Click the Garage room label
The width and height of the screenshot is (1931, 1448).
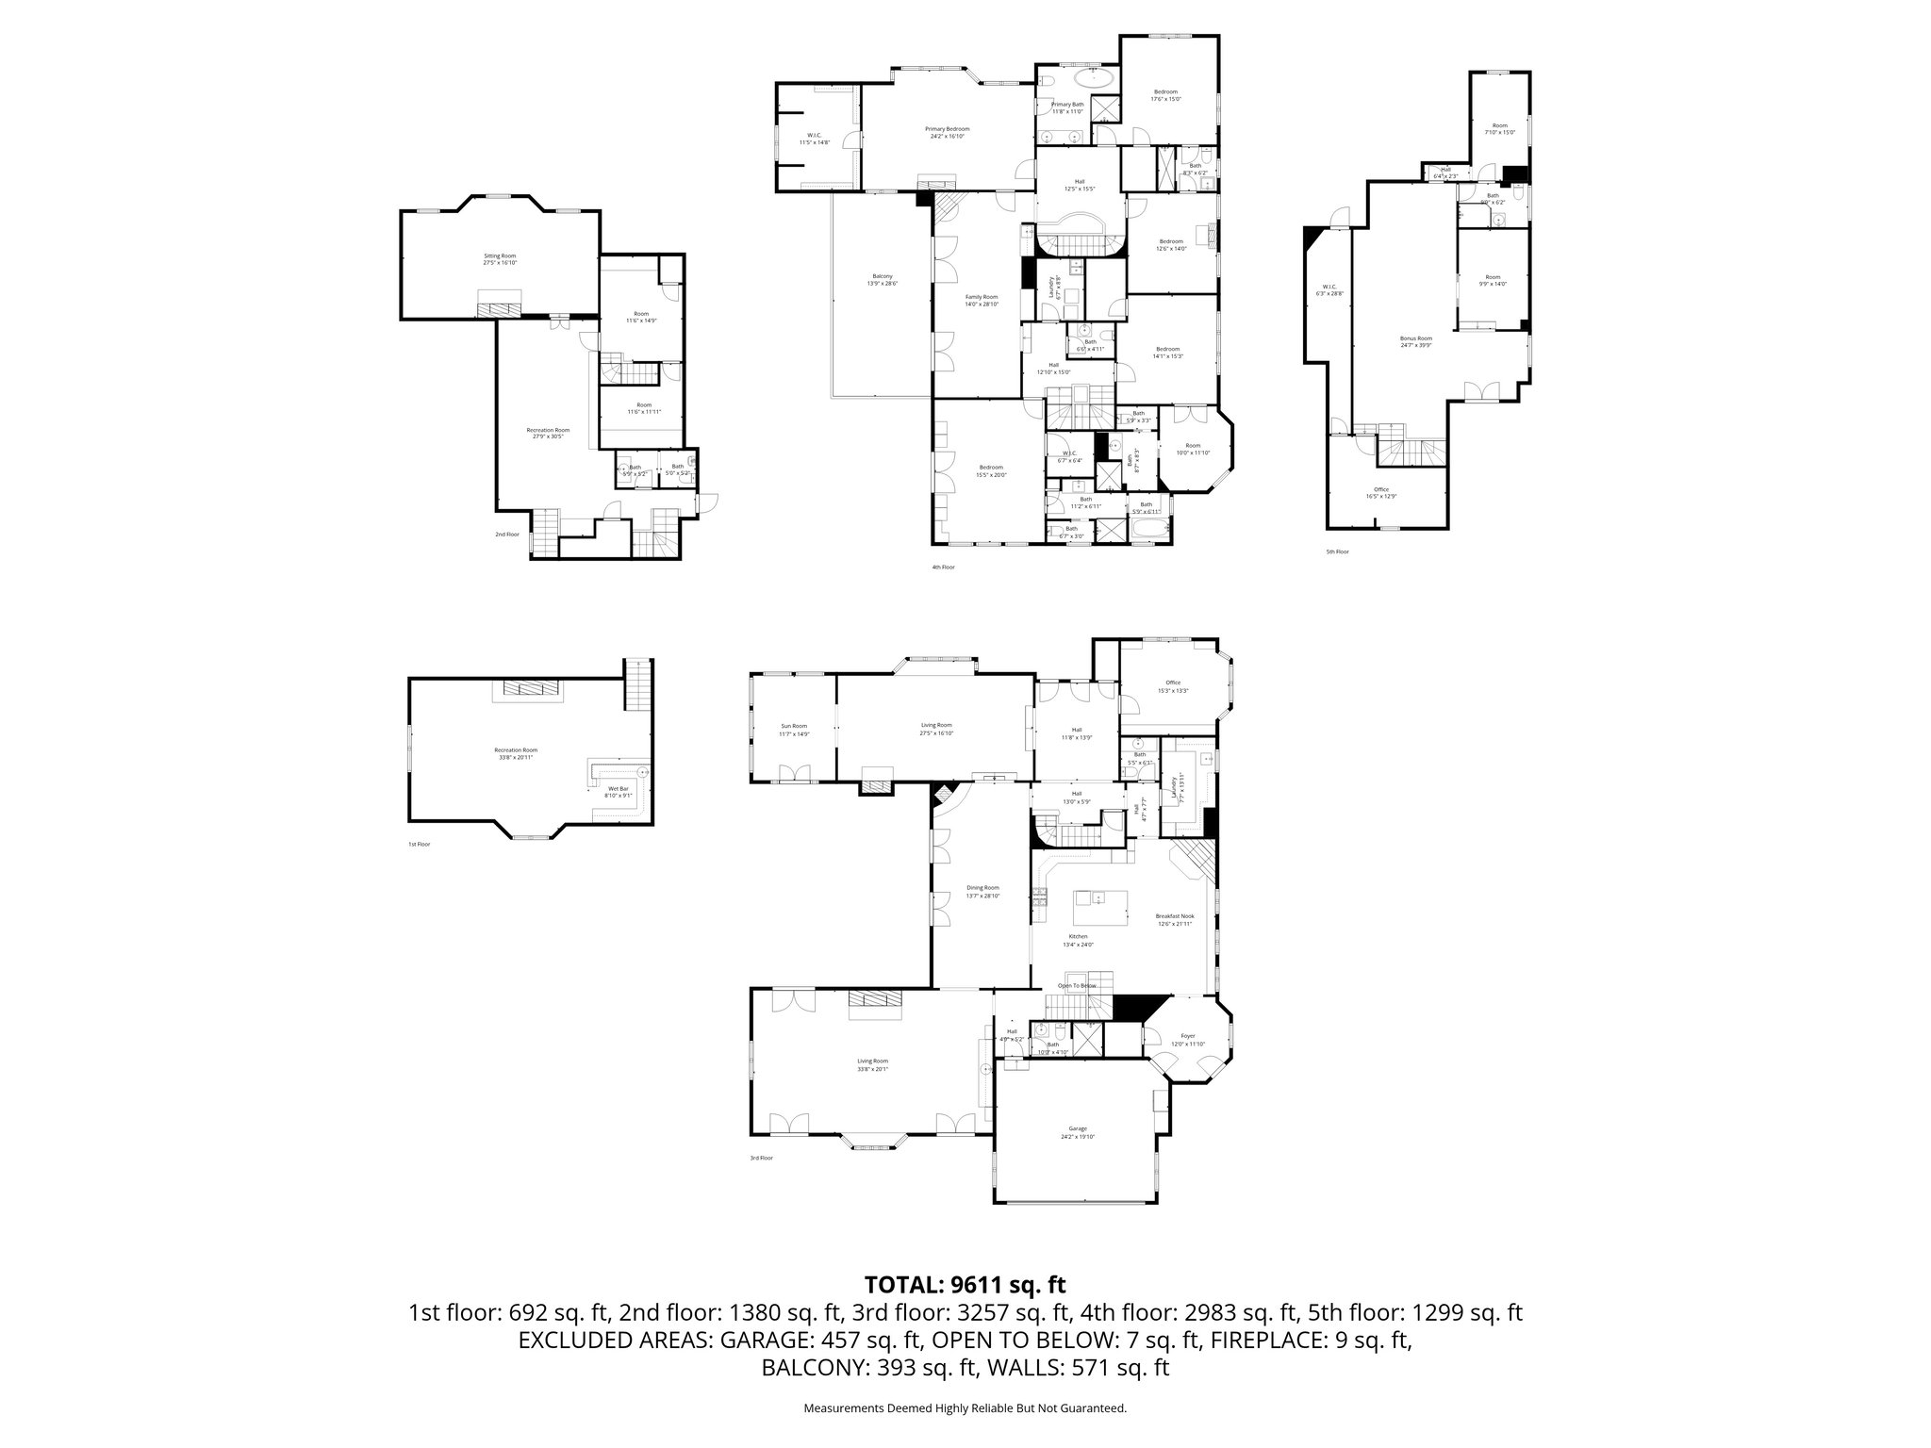1078,1128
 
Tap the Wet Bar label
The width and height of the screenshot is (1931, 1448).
619,787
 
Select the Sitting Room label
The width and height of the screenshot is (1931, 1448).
501,255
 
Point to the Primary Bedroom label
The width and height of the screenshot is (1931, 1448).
947,129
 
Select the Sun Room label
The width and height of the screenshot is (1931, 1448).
794,726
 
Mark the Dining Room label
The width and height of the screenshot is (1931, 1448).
982,888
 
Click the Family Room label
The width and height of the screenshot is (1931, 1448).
981,297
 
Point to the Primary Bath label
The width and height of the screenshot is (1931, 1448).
1067,105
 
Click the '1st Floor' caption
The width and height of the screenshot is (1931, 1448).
419,844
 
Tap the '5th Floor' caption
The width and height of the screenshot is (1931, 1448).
1337,551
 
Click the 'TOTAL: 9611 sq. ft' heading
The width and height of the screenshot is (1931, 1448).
965,1284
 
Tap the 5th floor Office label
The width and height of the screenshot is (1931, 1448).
1381,489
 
